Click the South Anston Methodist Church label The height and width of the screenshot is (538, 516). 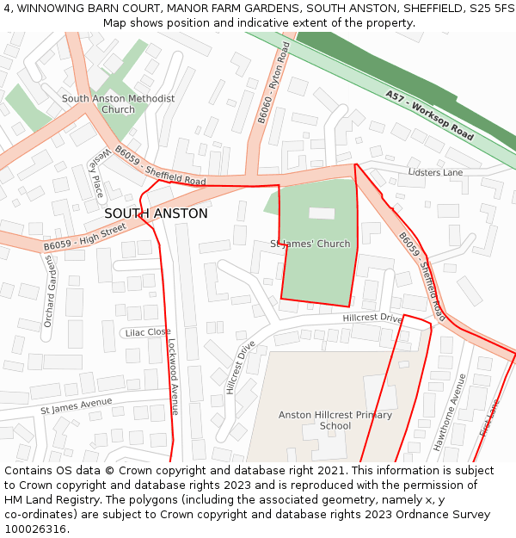118,104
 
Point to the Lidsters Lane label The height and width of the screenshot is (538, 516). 435,172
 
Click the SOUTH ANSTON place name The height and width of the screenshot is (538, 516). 156,213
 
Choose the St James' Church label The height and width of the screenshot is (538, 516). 310,244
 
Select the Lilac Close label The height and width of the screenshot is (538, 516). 148,332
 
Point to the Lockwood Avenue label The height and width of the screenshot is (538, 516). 173,376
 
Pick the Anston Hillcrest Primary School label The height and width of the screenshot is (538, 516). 335,420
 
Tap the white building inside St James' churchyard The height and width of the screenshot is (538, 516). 322,213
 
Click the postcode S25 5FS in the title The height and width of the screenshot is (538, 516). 487,8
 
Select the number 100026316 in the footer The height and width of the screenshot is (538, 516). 35,529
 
